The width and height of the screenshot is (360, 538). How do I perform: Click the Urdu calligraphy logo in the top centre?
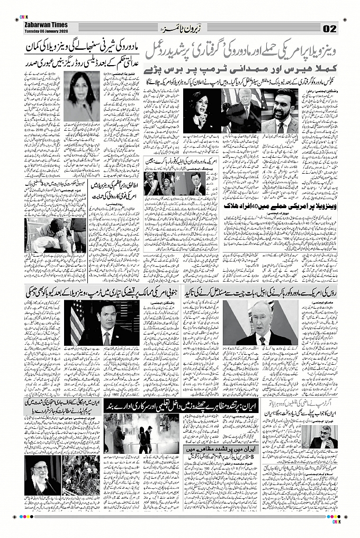[x=180, y=26]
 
